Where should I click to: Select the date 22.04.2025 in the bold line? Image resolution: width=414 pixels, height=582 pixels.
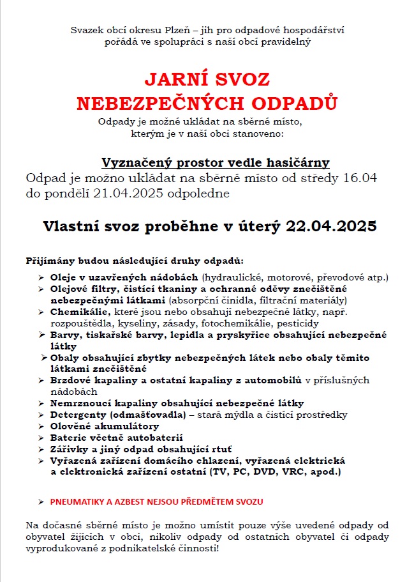[x=331, y=227]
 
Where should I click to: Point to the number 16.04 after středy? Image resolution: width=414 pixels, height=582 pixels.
[x=362, y=178]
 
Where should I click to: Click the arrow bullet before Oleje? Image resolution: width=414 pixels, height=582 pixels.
[x=41, y=277]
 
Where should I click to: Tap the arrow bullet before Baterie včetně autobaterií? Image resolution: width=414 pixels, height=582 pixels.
[x=41, y=438]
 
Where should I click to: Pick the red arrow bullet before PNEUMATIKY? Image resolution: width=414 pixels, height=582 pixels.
[x=41, y=502]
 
